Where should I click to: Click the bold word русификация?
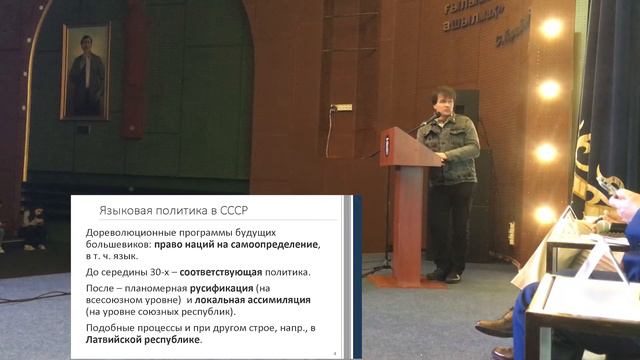click(x=222, y=286)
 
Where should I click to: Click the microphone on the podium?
click(x=425, y=121)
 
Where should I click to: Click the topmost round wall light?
click(x=550, y=28)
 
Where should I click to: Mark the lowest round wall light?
click(x=545, y=214)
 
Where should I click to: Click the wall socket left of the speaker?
click(x=342, y=107)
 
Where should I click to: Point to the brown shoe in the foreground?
click(x=496, y=325)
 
